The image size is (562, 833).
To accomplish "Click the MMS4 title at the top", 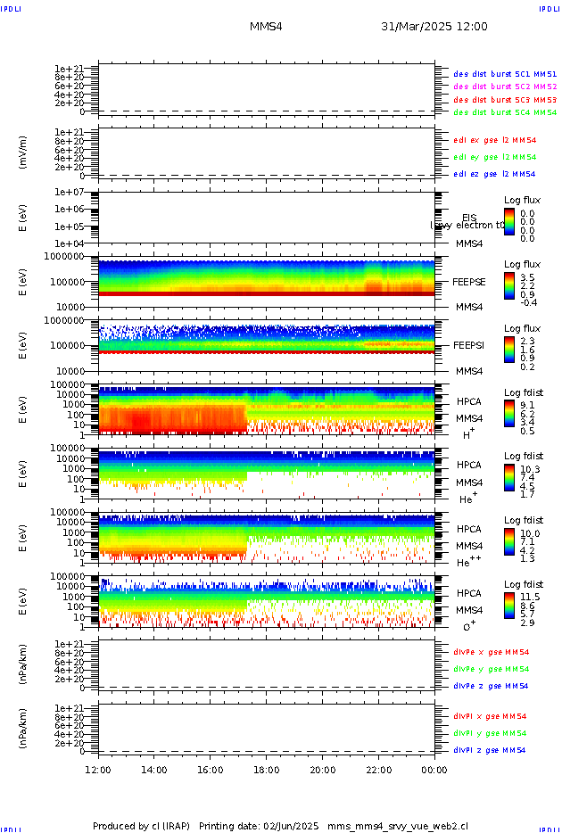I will point(266,27).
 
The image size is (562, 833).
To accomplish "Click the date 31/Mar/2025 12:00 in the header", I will point(434,27).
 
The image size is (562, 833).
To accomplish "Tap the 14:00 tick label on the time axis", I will point(154,769).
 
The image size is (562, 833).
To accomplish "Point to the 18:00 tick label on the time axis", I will point(267,769).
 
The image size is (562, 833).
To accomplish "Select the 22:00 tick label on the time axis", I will point(378,769).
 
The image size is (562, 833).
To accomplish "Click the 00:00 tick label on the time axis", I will point(434,769).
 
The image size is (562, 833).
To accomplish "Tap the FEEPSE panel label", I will point(470,281).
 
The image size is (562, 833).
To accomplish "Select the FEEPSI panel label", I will point(469,345).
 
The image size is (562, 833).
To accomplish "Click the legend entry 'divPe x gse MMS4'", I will point(491,652).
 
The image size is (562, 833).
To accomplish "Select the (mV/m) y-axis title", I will point(23,152).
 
